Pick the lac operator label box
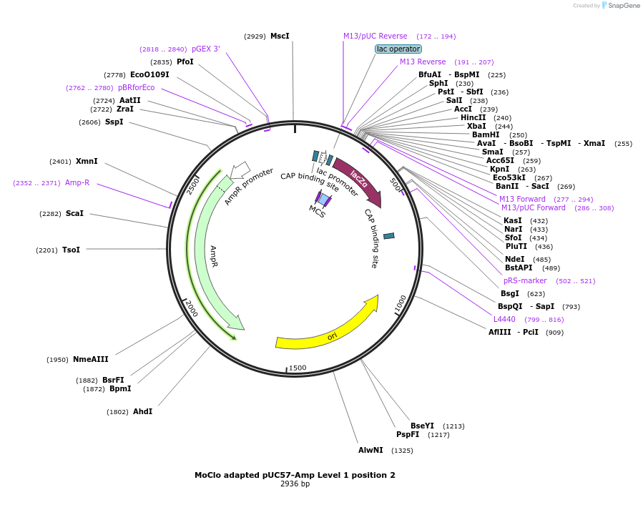[x=398, y=49]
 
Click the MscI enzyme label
[x=280, y=36]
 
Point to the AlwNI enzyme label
[x=370, y=450]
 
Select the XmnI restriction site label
[x=87, y=161]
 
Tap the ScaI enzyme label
[x=74, y=213]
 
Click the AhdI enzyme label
[x=142, y=411]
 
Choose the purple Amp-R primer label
[x=77, y=182]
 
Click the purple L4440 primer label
[x=504, y=319]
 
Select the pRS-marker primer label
[x=525, y=280]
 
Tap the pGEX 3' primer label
[x=206, y=49]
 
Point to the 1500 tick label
[x=298, y=368]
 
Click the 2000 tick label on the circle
[x=191, y=308]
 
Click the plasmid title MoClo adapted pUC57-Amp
[x=295, y=475]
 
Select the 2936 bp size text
[x=295, y=484]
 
